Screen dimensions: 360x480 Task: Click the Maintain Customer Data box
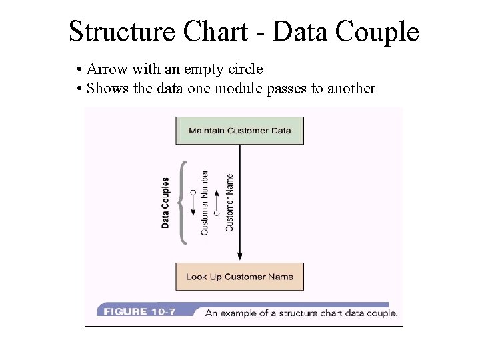pyautogui.click(x=239, y=131)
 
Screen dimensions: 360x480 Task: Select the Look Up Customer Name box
pyautogui.click(x=239, y=277)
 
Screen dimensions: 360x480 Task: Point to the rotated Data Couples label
pyautogui.click(x=166, y=203)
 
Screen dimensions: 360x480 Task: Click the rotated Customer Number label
pyautogui.click(x=205, y=203)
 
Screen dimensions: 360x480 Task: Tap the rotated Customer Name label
pyautogui.click(x=229, y=203)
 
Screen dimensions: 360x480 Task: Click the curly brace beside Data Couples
pyautogui.click(x=182, y=203)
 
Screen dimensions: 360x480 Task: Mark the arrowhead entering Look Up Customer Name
pyautogui.click(x=239, y=257)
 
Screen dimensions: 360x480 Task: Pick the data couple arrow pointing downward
pyautogui.click(x=193, y=203)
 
